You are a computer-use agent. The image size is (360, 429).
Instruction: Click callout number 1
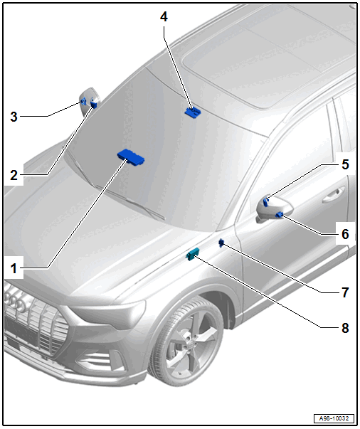point(14,268)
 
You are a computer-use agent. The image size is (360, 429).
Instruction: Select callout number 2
point(14,175)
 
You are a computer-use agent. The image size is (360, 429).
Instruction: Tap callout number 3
point(14,117)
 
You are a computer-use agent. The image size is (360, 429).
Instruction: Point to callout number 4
point(164,17)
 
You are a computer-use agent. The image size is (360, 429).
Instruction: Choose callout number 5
point(345,164)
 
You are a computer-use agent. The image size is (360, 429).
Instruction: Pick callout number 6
point(345,234)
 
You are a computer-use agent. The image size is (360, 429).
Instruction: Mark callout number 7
point(345,292)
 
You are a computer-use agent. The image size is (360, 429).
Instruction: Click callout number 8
point(345,327)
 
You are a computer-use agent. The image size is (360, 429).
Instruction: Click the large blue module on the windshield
point(131,157)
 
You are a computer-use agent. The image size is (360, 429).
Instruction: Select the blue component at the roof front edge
point(192,112)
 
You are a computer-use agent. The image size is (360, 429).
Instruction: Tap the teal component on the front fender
point(193,254)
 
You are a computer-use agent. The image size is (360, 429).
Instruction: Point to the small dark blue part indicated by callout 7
point(221,243)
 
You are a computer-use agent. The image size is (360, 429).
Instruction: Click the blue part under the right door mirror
point(279,215)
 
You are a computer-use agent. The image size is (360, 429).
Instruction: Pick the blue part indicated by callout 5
point(265,201)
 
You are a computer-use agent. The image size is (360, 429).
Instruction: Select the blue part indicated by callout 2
point(93,104)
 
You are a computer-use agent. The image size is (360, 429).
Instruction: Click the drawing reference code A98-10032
point(334,418)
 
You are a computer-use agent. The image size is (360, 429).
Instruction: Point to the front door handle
point(334,195)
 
